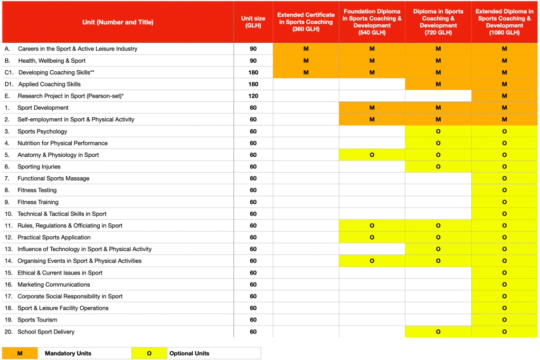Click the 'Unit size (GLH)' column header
click(253, 22)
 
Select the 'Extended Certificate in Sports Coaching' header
click(306, 22)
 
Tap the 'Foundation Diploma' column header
click(372, 22)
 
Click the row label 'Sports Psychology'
click(42, 131)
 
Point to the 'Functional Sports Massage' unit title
click(53, 178)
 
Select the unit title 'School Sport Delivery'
click(46, 331)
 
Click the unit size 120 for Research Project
click(253, 96)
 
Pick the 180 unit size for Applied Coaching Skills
click(253, 84)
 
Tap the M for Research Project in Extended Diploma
click(505, 96)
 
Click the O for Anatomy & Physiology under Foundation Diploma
click(372, 155)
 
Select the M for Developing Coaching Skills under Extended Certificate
click(306, 72)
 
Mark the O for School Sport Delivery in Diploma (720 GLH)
click(438, 331)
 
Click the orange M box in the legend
click(20, 353)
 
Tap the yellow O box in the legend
click(149, 353)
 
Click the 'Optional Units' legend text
click(189, 353)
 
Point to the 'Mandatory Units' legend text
click(68, 353)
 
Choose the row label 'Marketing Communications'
click(54, 285)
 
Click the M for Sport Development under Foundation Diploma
click(372, 108)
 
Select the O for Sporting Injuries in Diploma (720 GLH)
click(438, 167)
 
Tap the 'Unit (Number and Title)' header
click(118, 22)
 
